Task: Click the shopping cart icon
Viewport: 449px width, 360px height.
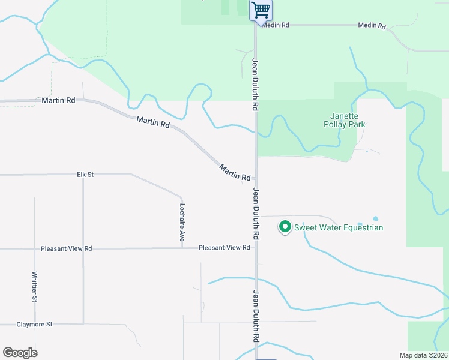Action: point(261,10)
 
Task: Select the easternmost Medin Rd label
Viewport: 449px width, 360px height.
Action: point(371,26)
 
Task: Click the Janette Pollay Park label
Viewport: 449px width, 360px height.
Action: point(348,120)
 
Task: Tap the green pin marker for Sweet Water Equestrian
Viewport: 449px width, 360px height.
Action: point(285,227)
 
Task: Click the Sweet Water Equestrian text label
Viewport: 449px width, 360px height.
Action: point(338,227)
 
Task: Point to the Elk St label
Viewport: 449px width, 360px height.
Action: point(85,175)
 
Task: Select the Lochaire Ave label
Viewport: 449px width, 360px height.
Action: point(182,223)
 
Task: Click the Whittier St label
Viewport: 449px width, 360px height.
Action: point(35,286)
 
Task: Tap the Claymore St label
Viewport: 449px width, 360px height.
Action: point(34,324)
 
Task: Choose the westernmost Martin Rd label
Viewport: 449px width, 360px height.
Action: point(58,100)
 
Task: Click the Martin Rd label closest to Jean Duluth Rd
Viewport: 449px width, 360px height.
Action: point(235,173)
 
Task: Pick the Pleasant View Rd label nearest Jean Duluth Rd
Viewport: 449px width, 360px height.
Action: point(224,248)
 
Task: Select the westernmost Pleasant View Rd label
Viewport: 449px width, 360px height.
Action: point(66,248)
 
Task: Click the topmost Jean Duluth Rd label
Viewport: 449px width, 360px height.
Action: point(255,84)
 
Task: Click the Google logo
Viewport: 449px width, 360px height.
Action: point(20,353)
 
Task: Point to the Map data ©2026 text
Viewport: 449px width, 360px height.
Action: point(423,355)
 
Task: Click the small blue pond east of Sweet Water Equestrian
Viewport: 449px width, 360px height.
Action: point(376,218)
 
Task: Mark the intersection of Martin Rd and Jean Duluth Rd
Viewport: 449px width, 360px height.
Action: point(256,178)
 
